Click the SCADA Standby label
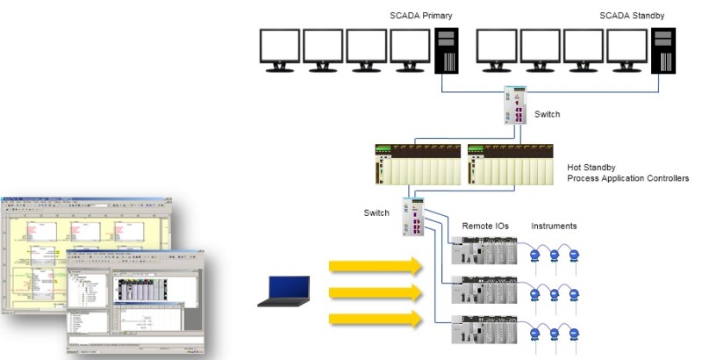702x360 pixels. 633,17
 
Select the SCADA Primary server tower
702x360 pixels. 446,50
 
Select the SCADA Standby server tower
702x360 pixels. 663,50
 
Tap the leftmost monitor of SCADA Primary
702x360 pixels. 281,50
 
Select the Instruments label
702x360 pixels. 554,227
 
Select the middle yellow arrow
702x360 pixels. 376,292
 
